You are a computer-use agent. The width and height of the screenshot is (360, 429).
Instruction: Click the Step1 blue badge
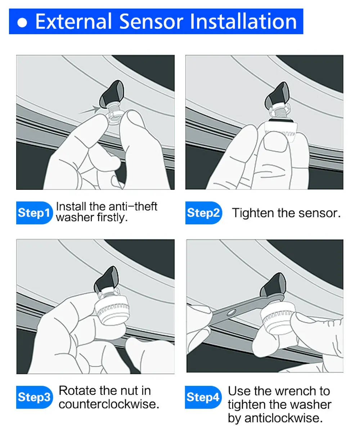34,213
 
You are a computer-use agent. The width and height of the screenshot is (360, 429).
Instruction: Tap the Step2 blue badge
203,213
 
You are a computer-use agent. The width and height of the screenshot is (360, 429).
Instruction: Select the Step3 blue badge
34,397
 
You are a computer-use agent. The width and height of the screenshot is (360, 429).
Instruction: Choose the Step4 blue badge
203,397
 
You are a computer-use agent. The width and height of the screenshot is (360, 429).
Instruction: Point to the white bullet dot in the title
22,23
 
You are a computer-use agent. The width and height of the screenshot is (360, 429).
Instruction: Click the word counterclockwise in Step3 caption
109,404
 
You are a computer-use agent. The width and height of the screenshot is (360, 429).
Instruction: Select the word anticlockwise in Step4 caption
283,418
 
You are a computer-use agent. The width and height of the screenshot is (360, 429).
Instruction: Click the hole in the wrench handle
232,312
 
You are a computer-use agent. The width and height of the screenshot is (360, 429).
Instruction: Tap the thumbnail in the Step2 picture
275,144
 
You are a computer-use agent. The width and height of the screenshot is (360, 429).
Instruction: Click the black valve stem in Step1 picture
112,93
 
